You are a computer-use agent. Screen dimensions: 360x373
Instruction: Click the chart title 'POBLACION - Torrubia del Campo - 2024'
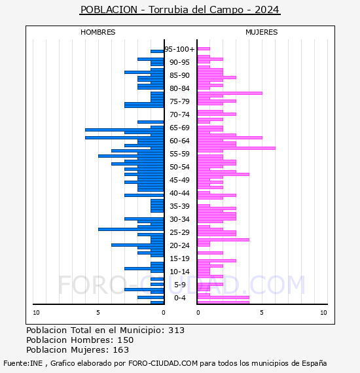179,10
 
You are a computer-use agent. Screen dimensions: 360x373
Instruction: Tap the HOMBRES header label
98,32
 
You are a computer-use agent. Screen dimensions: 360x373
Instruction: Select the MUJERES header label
262,32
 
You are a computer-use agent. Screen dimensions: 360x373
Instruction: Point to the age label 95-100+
179,49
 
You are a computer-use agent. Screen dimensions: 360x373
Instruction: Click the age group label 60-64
179,141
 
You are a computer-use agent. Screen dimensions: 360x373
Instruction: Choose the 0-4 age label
179,298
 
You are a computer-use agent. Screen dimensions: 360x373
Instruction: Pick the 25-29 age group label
179,232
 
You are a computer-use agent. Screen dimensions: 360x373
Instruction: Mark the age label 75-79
179,101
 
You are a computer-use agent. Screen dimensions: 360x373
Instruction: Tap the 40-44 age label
179,193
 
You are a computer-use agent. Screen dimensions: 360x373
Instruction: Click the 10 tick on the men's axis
36,313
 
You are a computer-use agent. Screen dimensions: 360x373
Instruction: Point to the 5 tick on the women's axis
262,313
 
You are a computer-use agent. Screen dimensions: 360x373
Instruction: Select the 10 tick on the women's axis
323,313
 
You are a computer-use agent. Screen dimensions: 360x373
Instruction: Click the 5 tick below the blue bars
98,313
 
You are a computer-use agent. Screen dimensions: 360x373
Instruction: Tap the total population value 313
176,330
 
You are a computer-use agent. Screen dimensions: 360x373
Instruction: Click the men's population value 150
126,340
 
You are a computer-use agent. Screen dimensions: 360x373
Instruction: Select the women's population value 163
121,349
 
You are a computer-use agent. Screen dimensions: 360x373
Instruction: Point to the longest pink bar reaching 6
236,148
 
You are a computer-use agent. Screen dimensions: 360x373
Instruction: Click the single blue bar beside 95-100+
157,52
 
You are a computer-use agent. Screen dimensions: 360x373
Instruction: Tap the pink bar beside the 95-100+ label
204,49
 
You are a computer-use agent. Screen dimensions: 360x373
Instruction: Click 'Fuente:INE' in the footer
23,363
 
